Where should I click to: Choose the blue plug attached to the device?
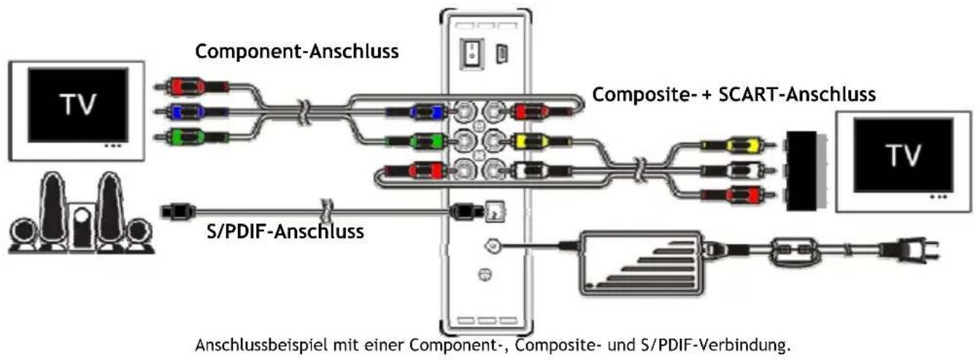421,112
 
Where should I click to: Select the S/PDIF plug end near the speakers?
175,212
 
